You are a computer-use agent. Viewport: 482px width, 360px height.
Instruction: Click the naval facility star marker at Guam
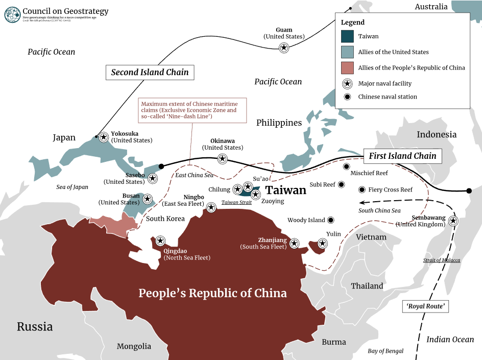284,47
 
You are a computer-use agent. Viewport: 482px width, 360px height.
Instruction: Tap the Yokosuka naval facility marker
104,137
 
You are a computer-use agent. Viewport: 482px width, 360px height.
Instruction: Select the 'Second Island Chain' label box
150,72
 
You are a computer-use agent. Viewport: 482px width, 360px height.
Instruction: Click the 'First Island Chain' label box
402,156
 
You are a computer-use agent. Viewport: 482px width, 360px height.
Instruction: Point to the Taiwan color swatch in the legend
348,36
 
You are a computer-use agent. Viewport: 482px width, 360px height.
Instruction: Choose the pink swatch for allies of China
348,67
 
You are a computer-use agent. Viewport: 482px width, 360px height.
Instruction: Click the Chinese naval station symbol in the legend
348,97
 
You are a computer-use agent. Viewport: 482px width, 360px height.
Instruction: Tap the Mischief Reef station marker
346,166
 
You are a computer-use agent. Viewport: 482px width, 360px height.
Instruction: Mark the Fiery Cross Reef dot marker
362,189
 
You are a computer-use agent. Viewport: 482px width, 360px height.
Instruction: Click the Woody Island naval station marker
330,220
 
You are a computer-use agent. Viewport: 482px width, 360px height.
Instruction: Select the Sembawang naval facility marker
453,221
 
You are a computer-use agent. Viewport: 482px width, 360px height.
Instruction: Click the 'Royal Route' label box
426,306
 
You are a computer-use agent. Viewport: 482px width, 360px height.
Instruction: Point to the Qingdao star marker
160,241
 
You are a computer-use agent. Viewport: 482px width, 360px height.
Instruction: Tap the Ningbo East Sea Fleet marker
211,207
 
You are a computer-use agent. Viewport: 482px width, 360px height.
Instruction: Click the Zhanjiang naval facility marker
295,243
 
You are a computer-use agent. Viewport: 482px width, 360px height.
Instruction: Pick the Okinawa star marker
222,159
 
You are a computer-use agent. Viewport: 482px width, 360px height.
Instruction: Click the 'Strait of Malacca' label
441,260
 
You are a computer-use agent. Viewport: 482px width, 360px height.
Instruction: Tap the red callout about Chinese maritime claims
189,110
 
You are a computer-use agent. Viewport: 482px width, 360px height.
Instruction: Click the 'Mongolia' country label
134,346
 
